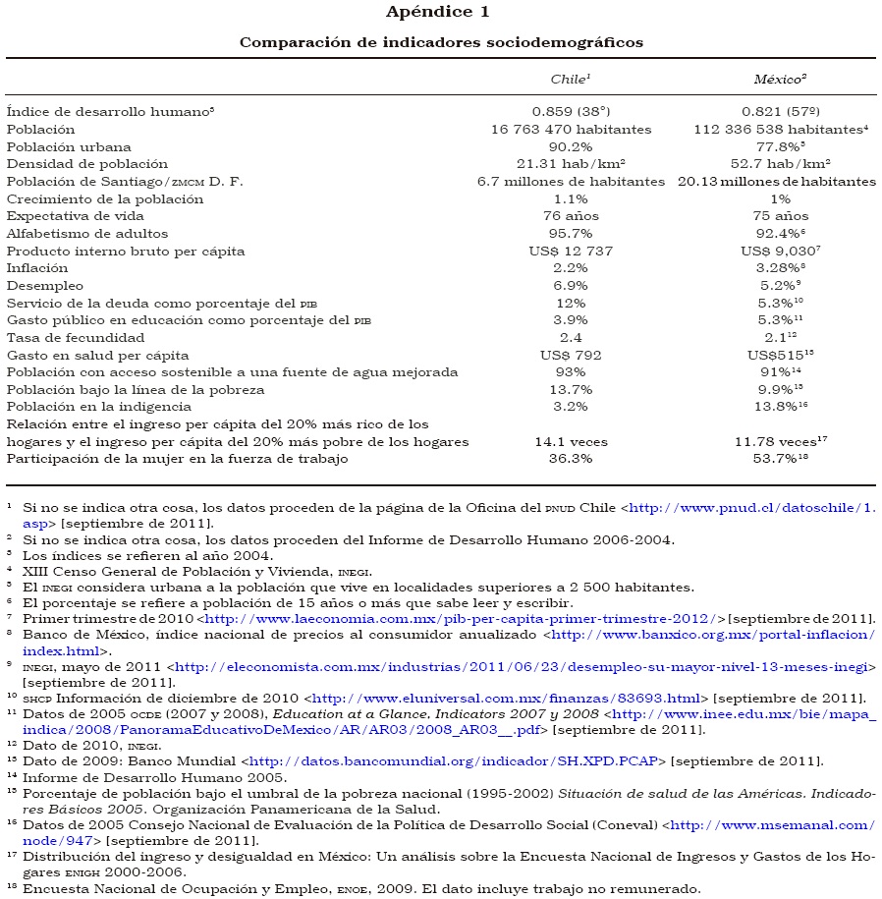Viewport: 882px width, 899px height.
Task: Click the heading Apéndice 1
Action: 441,12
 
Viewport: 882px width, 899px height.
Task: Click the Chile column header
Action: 570,78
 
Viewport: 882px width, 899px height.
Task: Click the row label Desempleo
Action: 40,286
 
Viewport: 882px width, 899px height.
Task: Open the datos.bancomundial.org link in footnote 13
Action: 458,760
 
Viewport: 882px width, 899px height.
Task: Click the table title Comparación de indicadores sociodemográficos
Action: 441,42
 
